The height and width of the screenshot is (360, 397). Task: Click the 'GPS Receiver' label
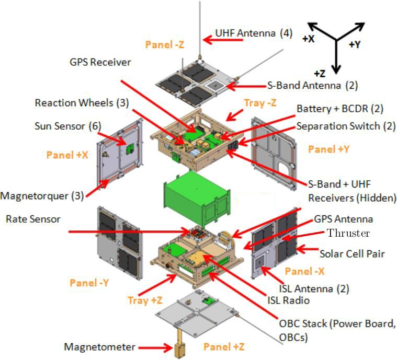tap(100, 62)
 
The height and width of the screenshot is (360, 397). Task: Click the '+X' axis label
tap(308, 39)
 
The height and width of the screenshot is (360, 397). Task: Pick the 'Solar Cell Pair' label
tap(352, 254)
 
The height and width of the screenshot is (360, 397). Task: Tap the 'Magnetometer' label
tap(99, 347)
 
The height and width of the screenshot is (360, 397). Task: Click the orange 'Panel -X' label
tap(305, 271)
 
